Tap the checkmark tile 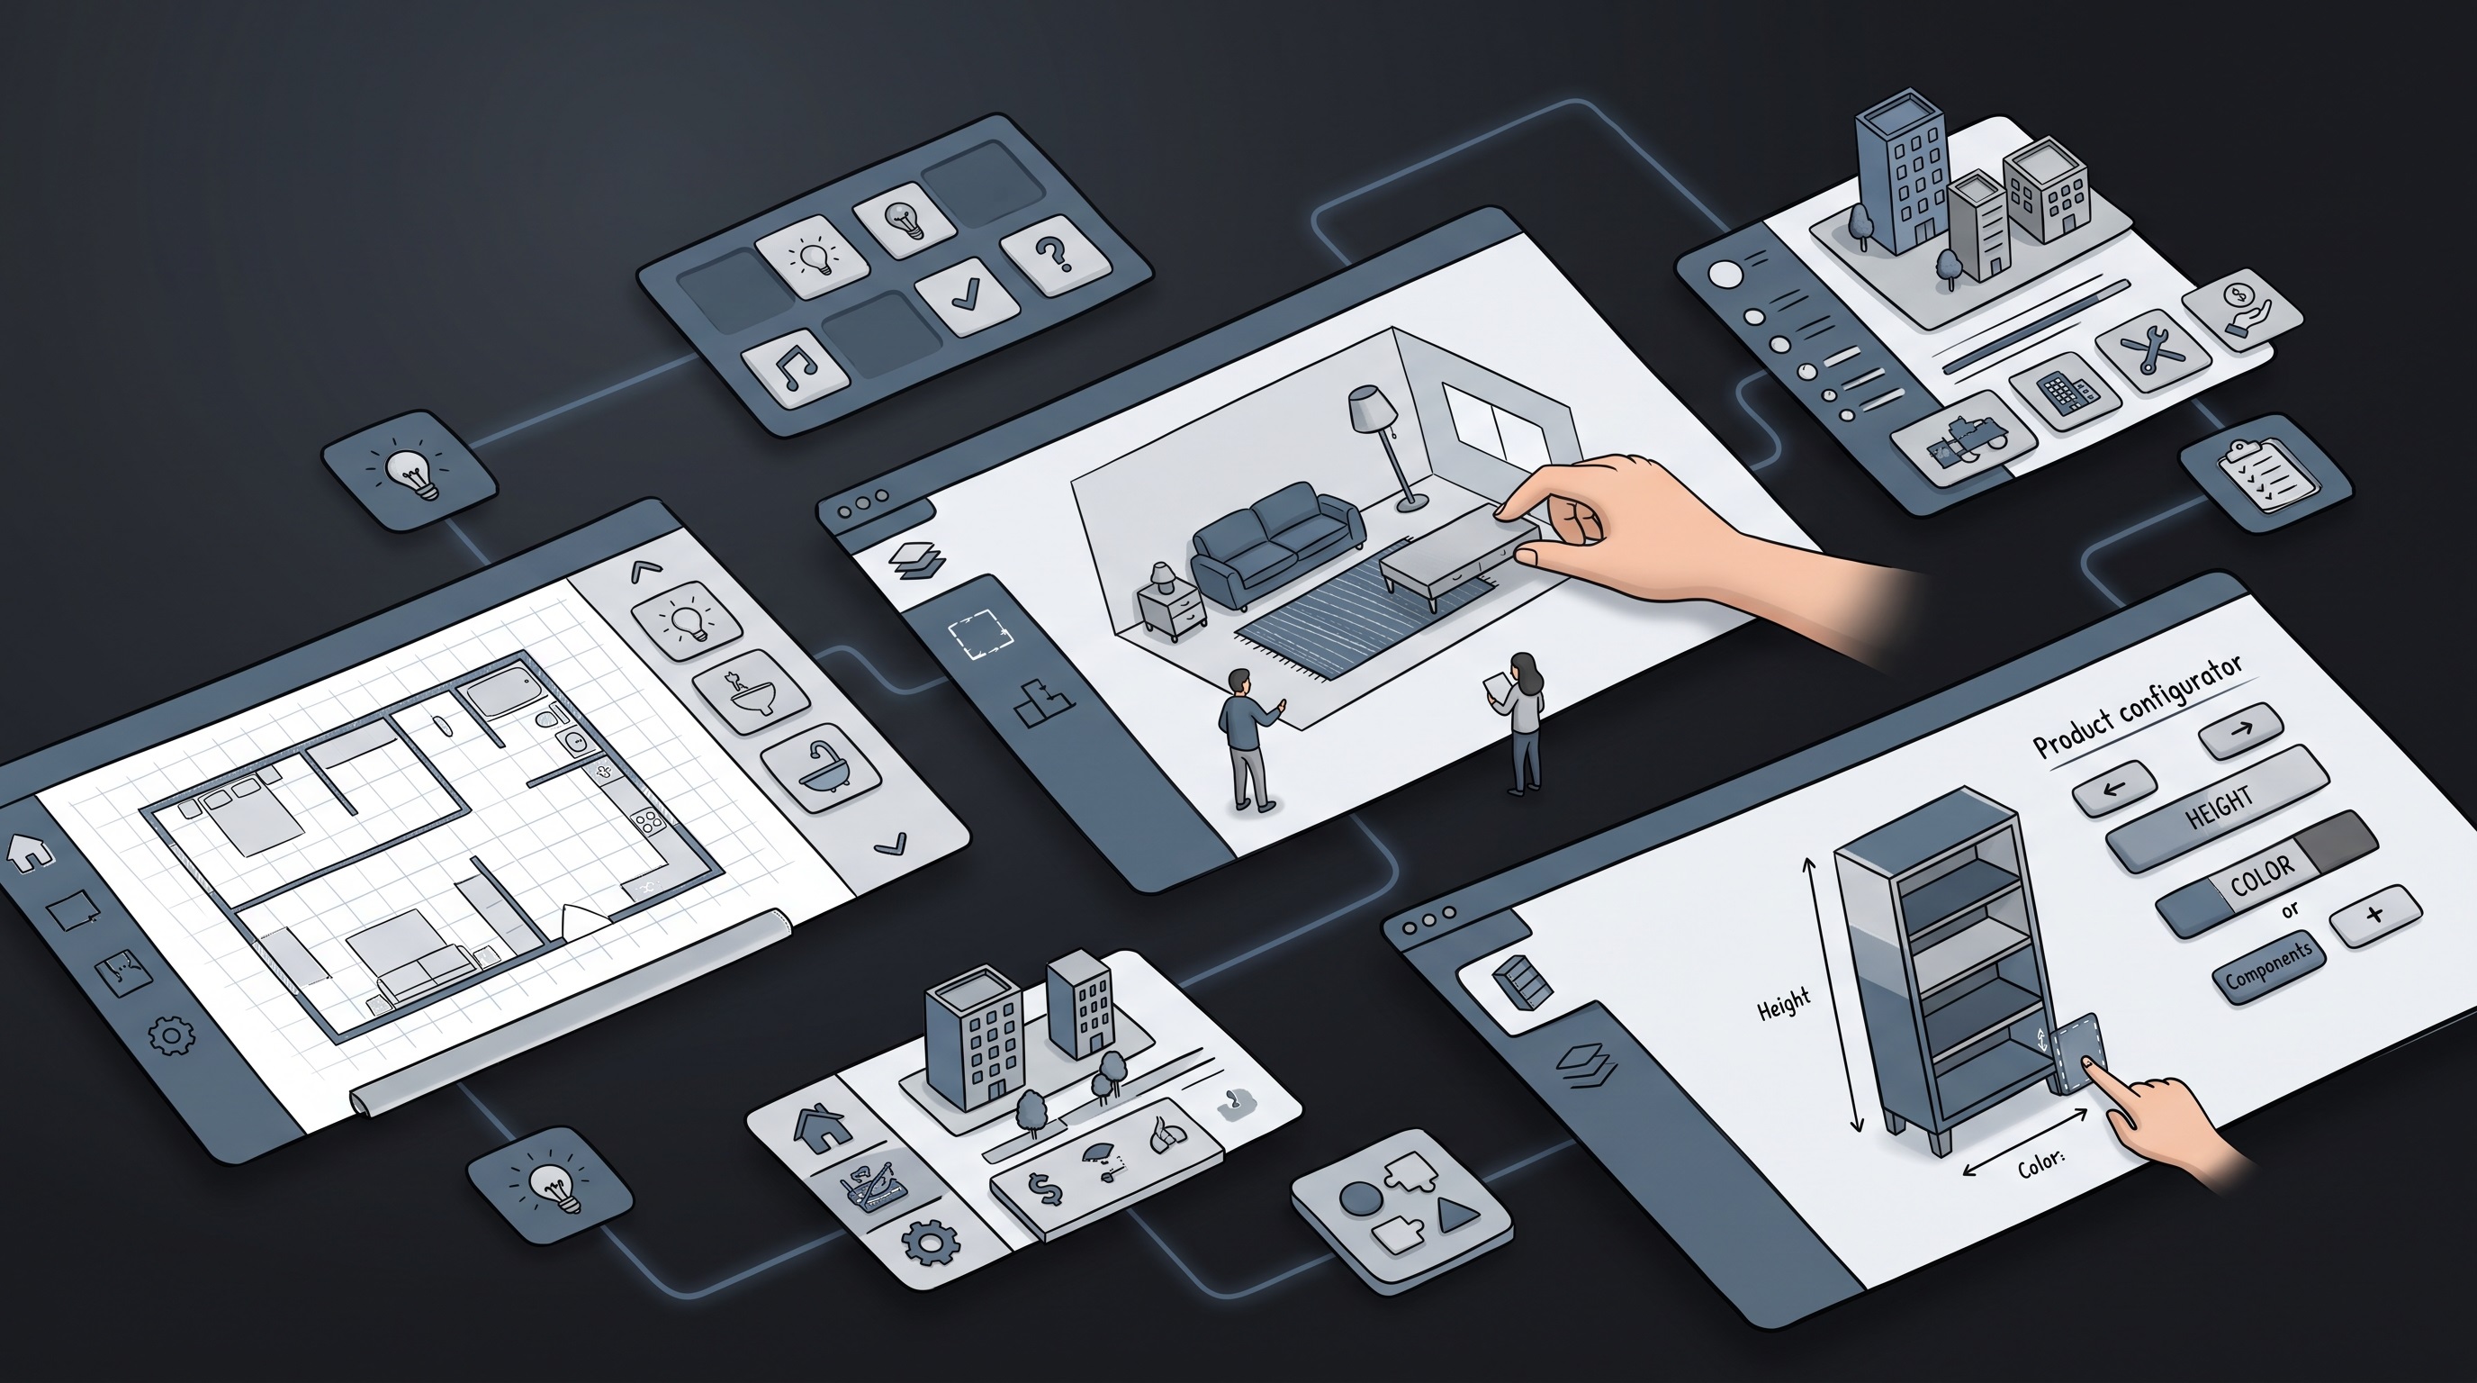click(966, 296)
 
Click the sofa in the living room click(1276, 545)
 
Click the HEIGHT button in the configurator click(2218, 809)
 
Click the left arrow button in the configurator click(2113, 789)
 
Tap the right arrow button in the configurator click(2240, 729)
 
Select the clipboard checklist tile click(2265, 474)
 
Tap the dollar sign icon click(1044, 1189)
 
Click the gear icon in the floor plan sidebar click(171, 1035)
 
